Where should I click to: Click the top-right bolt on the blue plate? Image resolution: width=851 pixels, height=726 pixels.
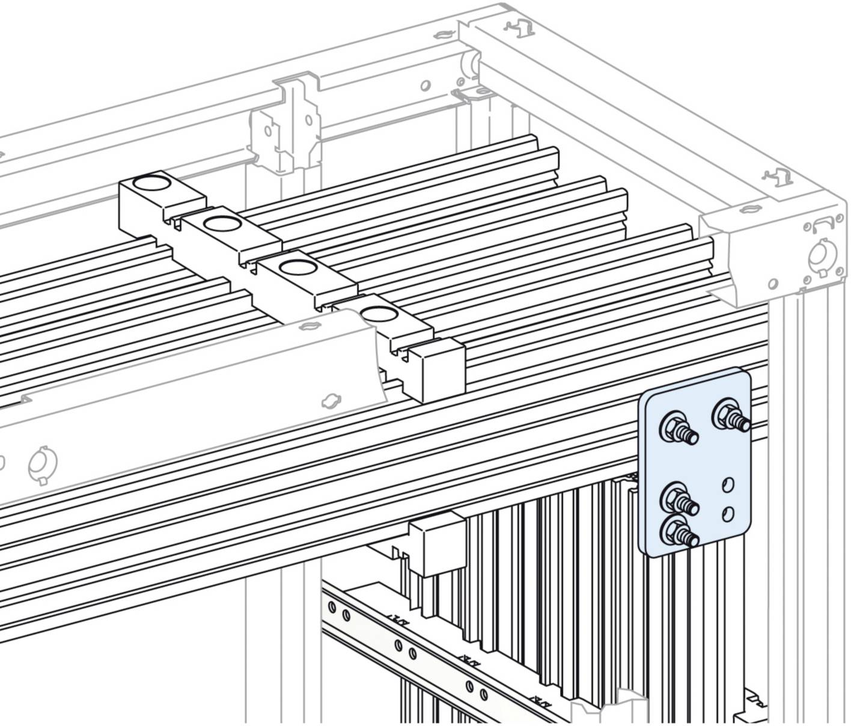click(726, 415)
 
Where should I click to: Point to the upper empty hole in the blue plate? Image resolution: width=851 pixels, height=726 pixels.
click(728, 483)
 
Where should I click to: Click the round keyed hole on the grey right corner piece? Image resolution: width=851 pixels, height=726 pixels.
click(819, 254)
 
